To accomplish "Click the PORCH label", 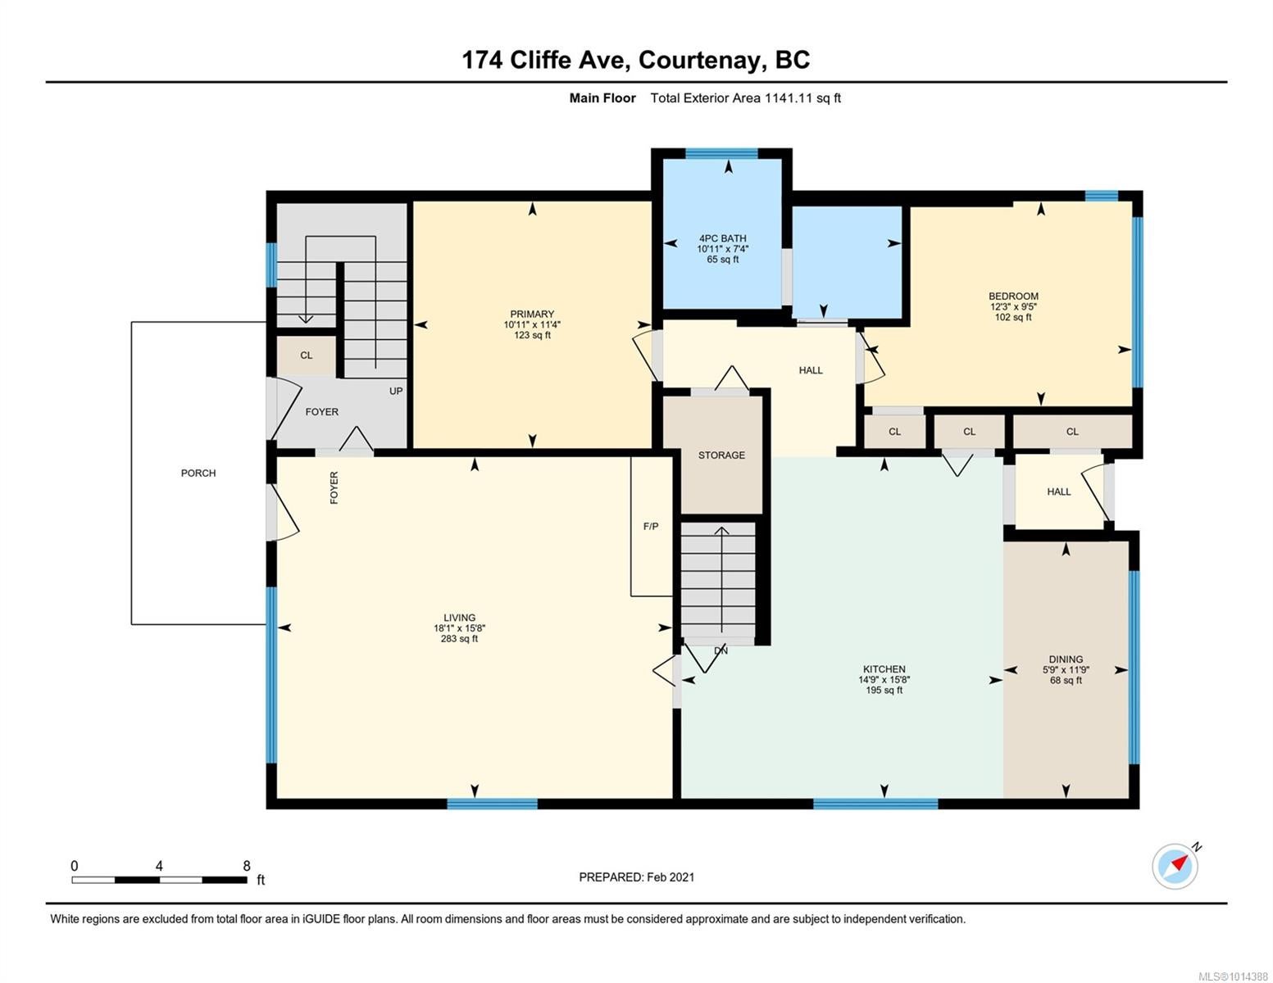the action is pyautogui.click(x=198, y=473).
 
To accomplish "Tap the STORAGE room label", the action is pyautogui.click(x=721, y=455).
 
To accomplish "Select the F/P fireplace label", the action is pyautogui.click(x=651, y=527).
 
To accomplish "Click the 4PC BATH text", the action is pyautogui.click(x=722, y=238).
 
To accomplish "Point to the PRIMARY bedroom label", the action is pyautogui.click(x=532, y=314).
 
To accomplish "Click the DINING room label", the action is pyautogui.click(x=1066, y=659).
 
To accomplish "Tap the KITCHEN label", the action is pyautogui.click(x=884, y=669).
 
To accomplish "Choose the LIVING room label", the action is pyautogui.click(x=459, y=618).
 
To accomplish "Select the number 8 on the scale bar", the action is pyautogui.click(x=247, y=866).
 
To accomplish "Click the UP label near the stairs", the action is pyautogui.click(x=396, y=391).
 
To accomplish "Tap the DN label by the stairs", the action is pyautogui.click(x=721, y=650).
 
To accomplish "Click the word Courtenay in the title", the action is pyautogui.click(x=700, y=61).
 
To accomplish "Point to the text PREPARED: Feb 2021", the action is pyautogui.click(x=636, y=877).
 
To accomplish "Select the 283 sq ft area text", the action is pyautogui.click(x=459, y=639).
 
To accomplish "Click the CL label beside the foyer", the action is pyautogui.click(x=306, y=356).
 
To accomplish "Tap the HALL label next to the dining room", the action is pyautogui.click(x=1058, y=491).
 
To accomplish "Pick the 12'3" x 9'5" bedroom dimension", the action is pyautogui.click(x=1013, y=307).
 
